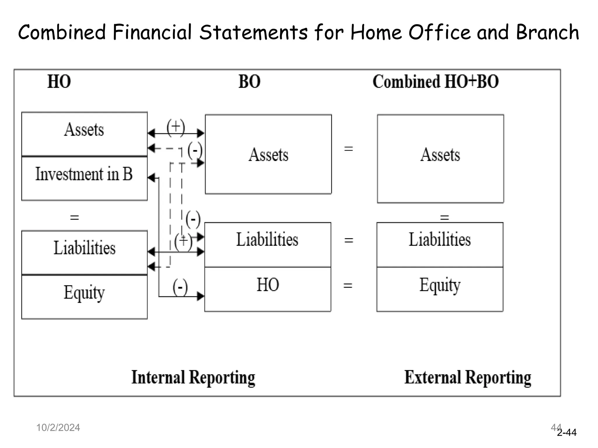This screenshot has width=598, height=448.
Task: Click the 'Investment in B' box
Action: pyautogui.click(x=84, y=178)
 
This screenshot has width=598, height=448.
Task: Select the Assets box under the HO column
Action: pyautogui.click(x=84, y=134)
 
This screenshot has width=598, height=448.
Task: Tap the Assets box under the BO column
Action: pyautogui.click(x=268, y=154)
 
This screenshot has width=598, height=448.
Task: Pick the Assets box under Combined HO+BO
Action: pyautogui.click(x=440, y=158)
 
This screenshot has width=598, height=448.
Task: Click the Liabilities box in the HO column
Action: pyautogui.click(x=84, y=252)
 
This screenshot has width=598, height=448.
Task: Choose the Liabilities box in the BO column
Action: pyautogui.click(x=267, y=244)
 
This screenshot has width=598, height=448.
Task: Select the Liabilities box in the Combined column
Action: pyautogui.click(x=440, y=244)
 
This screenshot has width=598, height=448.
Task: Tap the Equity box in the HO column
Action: pyautogui.click(x=84, y=297)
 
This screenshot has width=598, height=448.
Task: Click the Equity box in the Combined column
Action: pyautogui.click(x=440, y=289)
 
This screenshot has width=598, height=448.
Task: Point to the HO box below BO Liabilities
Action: pyautogui.click(x=267, y=289)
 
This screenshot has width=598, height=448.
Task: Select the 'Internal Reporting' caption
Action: pyautogui.click(x=193, y=377)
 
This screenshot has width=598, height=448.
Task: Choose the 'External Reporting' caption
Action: pyautogui.click(x=467, y=377)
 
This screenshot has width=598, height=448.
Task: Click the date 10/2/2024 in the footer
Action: pyautogui.click(x=58, y=428)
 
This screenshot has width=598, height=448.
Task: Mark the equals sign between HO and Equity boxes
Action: pyautogui.click(x=347, y=285)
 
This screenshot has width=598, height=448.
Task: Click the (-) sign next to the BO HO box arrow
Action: pyautogui.click(x=180, y=287)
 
